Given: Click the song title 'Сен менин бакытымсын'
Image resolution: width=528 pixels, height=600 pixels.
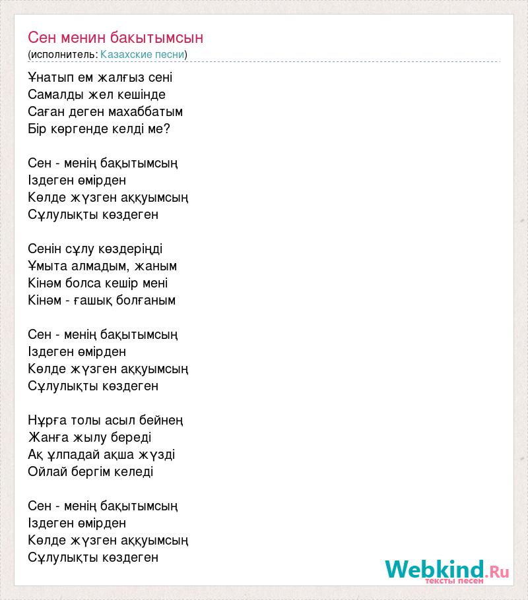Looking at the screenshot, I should click(x=115, y=37).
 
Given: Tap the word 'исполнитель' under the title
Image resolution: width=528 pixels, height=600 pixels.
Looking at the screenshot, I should click(x=63, y=54).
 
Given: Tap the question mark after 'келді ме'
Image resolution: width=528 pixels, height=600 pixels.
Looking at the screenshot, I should click(x=166, y=129).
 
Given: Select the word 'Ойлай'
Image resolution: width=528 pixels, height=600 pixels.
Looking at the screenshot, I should click(x=46, y=471).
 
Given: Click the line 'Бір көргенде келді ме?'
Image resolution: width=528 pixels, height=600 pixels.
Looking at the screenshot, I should click(x=99, y=129).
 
